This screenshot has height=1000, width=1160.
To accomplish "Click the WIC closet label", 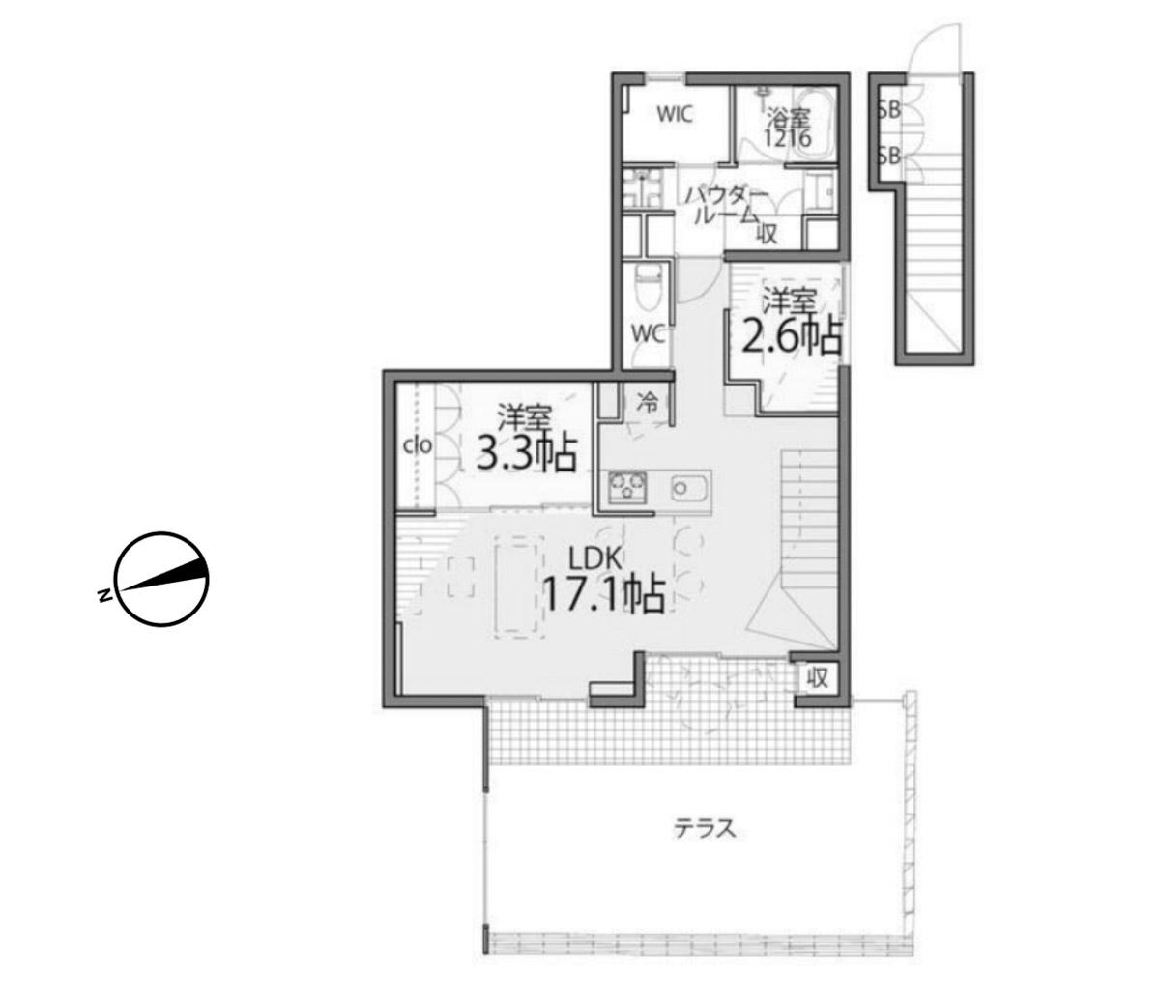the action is click(x=675, y=114).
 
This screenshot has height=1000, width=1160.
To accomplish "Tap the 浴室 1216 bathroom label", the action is click(x=788, y=128).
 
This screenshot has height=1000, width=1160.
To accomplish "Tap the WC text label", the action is click(x=649, y=335).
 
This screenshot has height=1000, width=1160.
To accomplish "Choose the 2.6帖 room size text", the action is click(x=792, y=336).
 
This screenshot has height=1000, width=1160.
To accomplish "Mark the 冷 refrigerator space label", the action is click(x=649, y=402).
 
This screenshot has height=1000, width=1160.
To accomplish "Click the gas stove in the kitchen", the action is click(x=628, y=487).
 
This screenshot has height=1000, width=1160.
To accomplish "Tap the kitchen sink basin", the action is click(x=690, y=487).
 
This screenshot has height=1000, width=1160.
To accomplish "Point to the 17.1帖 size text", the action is click(x=604, y=594).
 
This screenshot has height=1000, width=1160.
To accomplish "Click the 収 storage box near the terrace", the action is click(x=818, y=678).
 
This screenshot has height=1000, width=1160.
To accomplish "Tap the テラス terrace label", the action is click(x=705, y=828).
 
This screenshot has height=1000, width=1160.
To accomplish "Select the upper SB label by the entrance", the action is click(x=889, y=111).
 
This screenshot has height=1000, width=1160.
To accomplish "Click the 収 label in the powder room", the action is click(x=768, y=234).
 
